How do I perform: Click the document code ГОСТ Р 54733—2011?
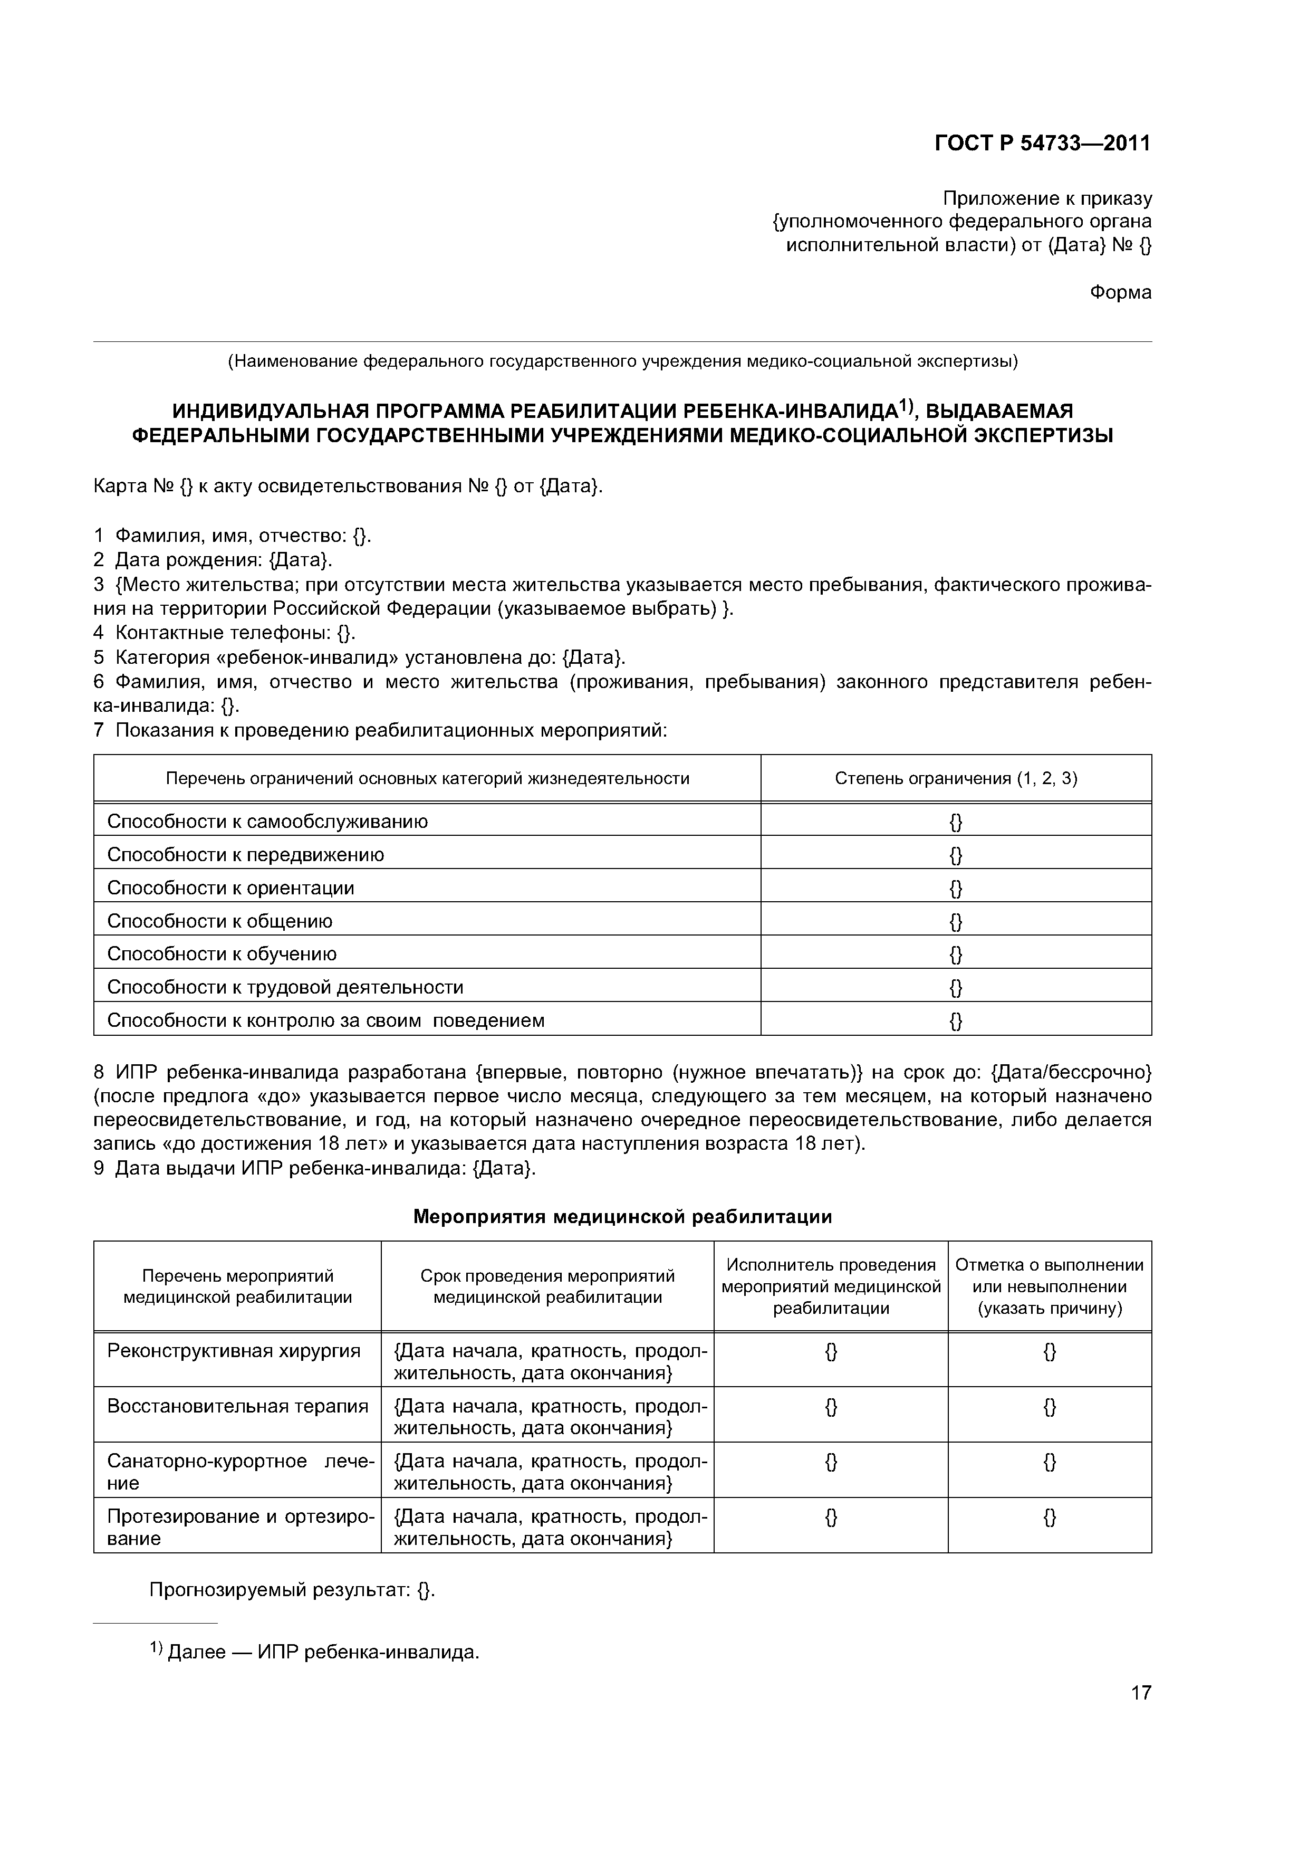pos(1042,144)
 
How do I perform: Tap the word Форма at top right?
pos(1120,293)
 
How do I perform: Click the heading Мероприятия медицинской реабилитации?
pos(622,1217)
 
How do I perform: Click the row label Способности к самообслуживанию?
pos(267,822)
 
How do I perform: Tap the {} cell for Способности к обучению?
pos(956,955)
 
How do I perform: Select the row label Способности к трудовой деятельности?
pos(285,988)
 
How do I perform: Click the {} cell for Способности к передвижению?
pos(956,855)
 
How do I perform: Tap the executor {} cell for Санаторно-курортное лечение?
pos(831,1462)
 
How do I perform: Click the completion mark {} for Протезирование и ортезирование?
pos(1050,1517)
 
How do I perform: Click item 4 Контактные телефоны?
pos(225,633)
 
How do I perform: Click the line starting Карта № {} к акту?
pos(348,487)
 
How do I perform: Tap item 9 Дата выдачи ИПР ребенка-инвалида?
pos(314,1168)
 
